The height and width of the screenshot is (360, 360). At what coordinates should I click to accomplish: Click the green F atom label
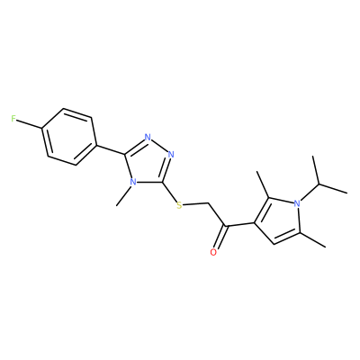tap(13, 119)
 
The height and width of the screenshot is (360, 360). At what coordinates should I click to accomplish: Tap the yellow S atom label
tap(179, 205)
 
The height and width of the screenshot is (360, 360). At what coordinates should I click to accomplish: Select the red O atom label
tap(213, 252)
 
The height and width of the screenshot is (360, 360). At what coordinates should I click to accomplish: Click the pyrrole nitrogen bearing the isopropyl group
tap(297, 203)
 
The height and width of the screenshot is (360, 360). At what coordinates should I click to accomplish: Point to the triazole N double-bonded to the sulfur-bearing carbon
tap(171, 155)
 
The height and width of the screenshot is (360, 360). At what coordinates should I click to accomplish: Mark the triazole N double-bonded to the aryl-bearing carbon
tap(148, 138)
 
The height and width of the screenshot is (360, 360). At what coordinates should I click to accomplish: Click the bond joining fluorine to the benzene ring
tap(29, 124)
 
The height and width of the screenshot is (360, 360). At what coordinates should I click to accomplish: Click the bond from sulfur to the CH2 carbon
tap(196, 204)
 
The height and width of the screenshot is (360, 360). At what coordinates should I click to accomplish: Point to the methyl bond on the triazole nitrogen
tap(123, 196)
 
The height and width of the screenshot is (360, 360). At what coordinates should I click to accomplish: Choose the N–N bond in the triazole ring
tap(159, 146)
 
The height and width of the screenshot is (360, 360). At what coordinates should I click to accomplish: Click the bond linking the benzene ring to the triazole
tap(111, 150)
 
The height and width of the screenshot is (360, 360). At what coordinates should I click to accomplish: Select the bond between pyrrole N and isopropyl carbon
tap(309, 192)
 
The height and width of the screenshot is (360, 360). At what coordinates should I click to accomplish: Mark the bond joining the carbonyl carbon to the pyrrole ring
tap(240, 224)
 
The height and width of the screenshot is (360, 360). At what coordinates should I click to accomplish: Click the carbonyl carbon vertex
tap(226, 226)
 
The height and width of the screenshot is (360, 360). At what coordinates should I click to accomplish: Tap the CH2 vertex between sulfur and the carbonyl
tap(209, 203)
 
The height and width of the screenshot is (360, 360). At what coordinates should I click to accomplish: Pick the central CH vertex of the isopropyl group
tap(319, 184)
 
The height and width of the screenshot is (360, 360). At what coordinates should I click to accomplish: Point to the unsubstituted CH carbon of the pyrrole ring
tap(274, 244)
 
